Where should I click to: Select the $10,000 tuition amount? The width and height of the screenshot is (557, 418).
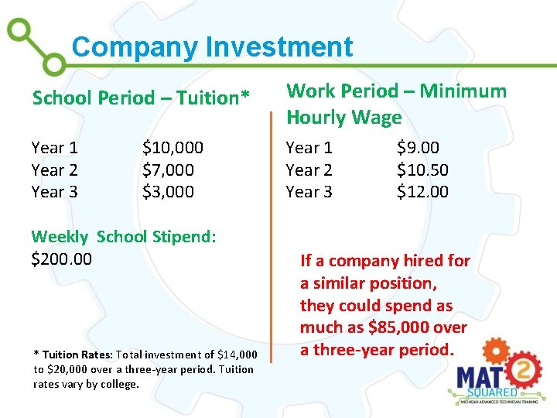[173, 147]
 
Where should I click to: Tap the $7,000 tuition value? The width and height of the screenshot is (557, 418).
[168, 170]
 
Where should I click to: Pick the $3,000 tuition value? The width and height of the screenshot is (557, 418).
[168, 191]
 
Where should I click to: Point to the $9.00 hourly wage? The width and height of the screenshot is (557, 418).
[418, 147]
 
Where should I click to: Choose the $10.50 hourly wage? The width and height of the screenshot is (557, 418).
[422, 170]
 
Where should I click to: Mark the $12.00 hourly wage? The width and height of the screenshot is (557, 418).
[422, 191]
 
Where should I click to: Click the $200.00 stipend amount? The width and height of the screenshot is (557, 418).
[61, 259]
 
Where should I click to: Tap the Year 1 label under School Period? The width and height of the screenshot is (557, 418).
[54, 147]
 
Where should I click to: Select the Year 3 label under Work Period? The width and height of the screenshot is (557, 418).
[309, 191]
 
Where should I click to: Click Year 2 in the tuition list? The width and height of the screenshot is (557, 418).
[54, 170]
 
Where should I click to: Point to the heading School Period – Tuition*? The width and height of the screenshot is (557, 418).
[141, 98]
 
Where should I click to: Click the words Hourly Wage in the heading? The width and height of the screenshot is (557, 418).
[343, 118]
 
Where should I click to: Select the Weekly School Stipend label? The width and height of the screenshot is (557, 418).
[123, 237]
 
